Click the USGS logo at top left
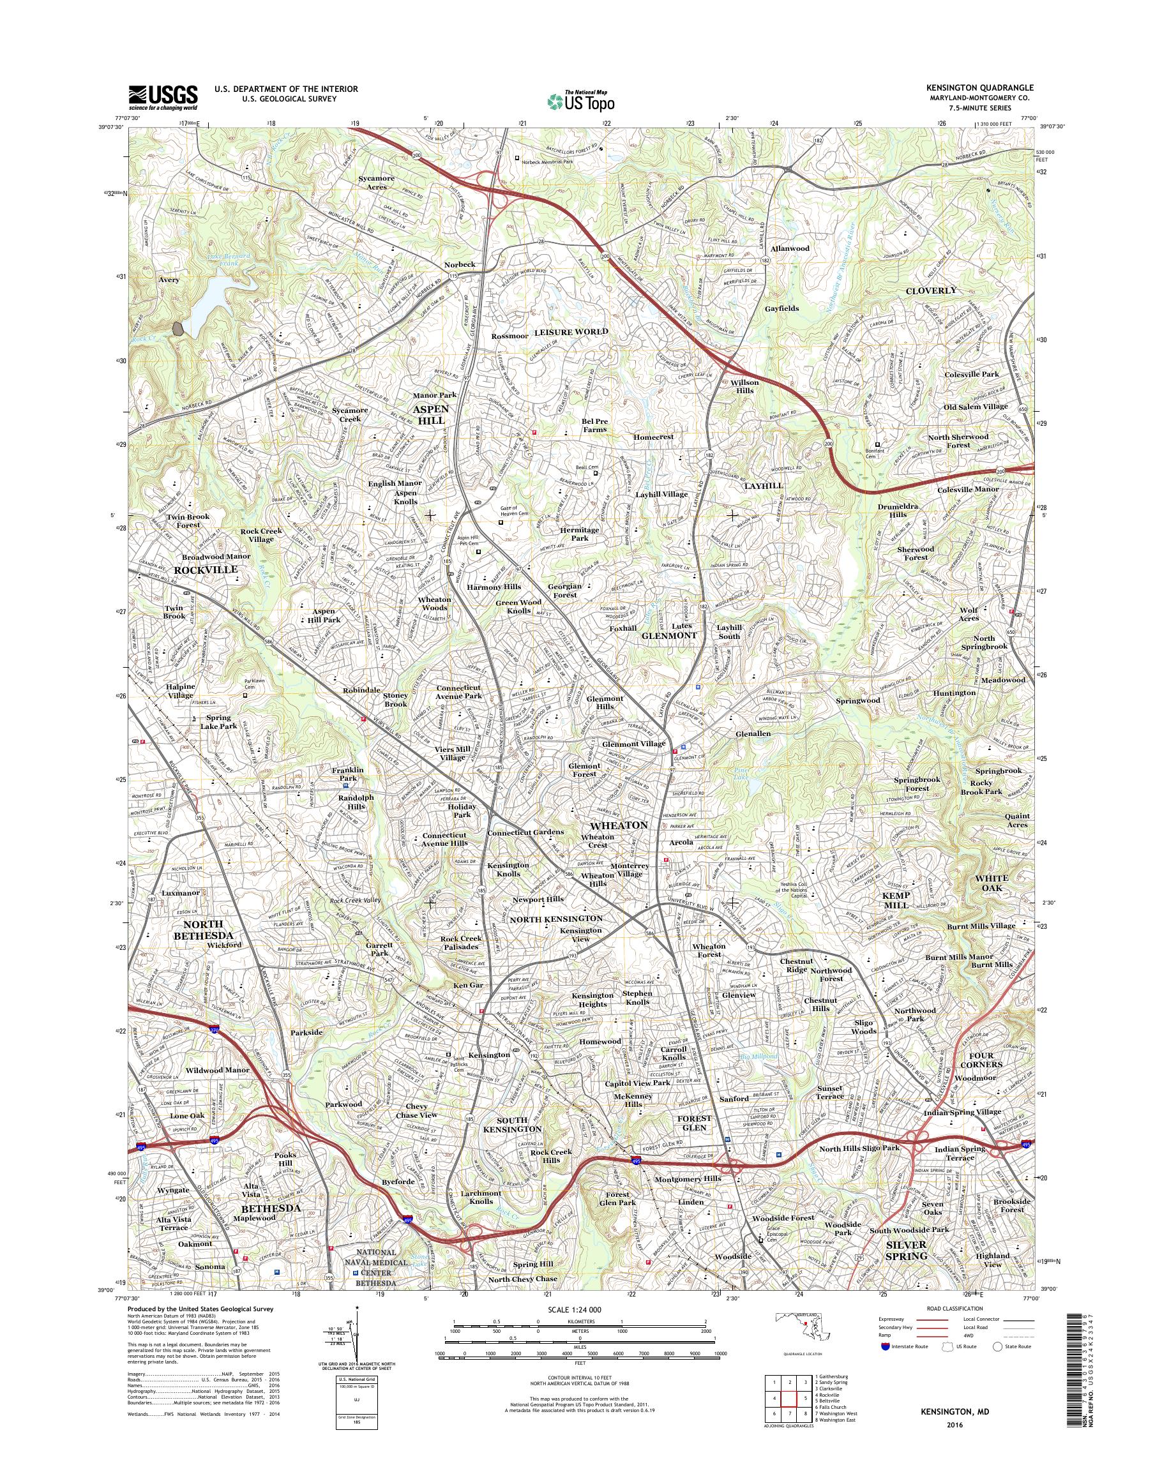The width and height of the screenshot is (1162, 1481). [x=163, y=97]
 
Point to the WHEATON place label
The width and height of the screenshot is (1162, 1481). [x=614, y=825]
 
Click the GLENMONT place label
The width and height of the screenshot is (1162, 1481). [x=670, y=635]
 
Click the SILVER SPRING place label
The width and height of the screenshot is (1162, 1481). [x=906, y=1250]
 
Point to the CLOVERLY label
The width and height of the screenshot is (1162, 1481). [x=931, y=290]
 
